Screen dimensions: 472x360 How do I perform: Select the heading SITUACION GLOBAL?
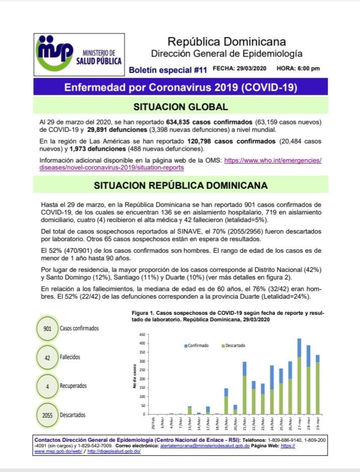[180, 107]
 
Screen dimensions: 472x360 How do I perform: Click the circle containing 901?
[47, 328]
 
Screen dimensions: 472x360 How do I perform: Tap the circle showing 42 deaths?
[47, 357]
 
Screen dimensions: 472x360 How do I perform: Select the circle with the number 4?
[47, 386]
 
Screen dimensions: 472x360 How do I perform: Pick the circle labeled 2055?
[47, 415]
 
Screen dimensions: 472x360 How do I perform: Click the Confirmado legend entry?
[196, 346]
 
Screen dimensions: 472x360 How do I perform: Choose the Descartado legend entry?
[233, 346]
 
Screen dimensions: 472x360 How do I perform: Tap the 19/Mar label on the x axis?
[226, 422]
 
